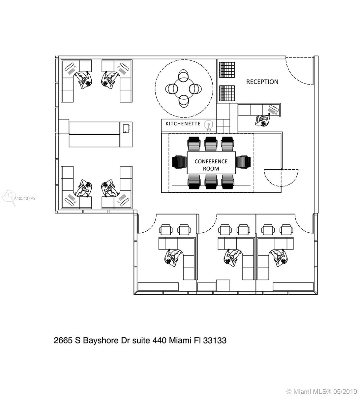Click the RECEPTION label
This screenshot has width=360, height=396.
coord(262,82)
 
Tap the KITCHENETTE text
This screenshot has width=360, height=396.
coord(183,124)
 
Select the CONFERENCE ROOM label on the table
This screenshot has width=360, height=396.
coord(211,165)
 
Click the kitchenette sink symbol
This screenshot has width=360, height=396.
coord(208,125)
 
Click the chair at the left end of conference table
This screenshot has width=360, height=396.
coord(180,162)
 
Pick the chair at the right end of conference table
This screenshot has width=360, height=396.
coord(243,162)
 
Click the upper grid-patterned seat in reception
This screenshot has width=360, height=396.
coord(227,70)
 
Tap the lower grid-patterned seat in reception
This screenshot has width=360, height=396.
coord(227,93)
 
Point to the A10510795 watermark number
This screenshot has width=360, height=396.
coord(24,198)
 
